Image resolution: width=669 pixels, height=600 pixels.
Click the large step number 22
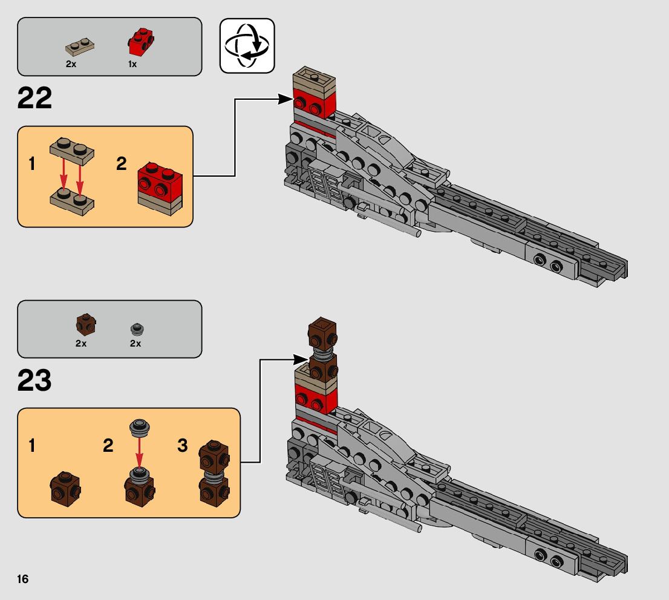coord(35,99)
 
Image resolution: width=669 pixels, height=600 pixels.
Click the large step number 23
coord(35,381)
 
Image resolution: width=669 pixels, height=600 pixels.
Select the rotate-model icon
coord(247,46)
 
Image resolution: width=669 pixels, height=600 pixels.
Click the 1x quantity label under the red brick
coord(132,64)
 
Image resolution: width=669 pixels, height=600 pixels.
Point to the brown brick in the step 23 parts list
coord(85,325)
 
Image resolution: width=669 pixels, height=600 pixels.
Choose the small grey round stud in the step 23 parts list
coord(136,328)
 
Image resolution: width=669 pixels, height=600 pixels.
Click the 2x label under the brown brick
coord(81,344)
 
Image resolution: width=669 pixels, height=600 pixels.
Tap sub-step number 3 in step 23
coord(183,446)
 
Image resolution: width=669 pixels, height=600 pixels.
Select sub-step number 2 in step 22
coord(122,164)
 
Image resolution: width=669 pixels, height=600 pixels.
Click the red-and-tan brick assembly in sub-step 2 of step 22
coord(160,187)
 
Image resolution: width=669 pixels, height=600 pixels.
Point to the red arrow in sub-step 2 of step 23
coord(139,451)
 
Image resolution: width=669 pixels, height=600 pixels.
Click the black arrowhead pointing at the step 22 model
coord(285,99)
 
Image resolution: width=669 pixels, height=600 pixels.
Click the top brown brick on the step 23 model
coord(322,331)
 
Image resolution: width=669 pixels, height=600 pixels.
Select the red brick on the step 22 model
coord(314,103)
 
